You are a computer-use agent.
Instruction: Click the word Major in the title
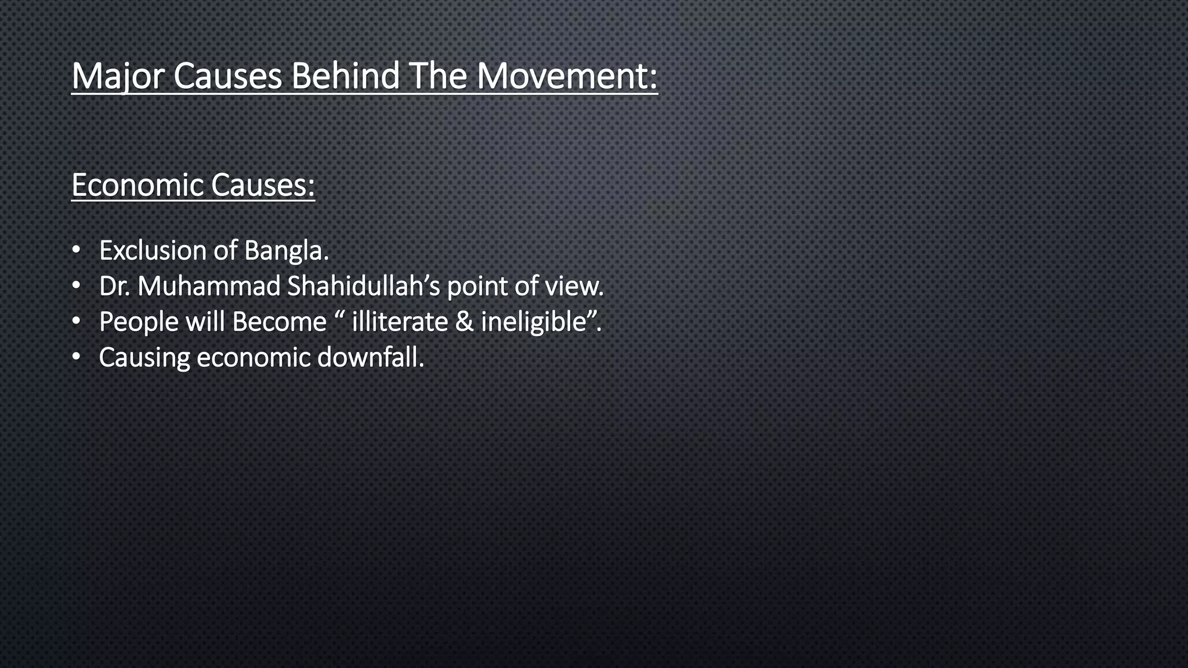point(118,76)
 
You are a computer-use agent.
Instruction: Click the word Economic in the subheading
point(137,185)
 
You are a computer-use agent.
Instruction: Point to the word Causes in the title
point(227,76)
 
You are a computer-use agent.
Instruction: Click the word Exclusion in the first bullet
point(152,251)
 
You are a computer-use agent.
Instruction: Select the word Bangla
point(286,251)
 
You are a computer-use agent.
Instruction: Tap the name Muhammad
point(209,286)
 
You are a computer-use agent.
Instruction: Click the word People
point(138,322)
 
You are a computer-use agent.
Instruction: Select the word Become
point(279,322)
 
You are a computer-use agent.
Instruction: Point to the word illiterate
point(400,322)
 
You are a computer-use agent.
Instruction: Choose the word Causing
point(144,358)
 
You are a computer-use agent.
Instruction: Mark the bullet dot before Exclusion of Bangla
point(77,251)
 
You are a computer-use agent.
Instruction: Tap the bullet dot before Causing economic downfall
point(77,358)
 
